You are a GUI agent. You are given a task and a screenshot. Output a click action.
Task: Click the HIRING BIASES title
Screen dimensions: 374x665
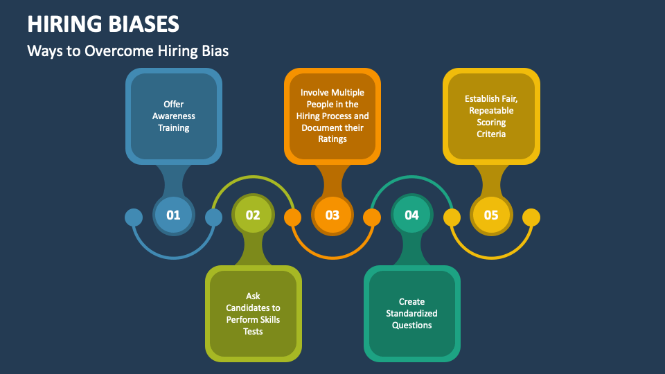click(x=103, y=24)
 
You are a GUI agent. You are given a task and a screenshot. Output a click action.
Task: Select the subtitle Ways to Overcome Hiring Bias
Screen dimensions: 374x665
click(x=127, y=51)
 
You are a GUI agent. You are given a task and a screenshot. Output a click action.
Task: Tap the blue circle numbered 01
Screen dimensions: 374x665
click(x=173, y=215)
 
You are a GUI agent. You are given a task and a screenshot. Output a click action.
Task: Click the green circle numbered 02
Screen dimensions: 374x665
click(x=253, y=215)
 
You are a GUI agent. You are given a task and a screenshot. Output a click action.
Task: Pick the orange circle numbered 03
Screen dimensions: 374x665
click(x=332, y=215)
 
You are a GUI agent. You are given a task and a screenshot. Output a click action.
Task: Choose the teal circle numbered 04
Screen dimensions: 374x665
click(x=411, y=215)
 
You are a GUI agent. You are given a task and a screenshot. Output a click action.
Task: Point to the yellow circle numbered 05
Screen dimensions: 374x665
click(x=491, y=215)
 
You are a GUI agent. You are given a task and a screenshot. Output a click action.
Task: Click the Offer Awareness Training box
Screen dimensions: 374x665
click(x=174, y=116)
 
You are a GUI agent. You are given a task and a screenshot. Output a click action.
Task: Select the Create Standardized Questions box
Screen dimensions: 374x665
click(x=411, y=314)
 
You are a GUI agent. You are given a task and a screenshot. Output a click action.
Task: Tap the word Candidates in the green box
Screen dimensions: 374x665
click(x=254, y=308)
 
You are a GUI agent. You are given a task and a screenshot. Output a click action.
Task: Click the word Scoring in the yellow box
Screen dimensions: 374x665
click(x=491, y=122)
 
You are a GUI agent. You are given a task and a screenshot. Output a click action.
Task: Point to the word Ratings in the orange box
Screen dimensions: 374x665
click(x=332, y=139)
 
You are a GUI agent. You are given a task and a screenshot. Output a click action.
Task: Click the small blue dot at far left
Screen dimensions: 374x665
click(x=134, y=217)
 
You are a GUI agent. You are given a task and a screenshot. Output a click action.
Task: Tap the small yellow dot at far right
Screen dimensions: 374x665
click(x=531, y=217)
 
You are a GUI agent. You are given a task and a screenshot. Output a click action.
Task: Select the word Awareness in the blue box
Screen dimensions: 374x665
click(x=174, y=116)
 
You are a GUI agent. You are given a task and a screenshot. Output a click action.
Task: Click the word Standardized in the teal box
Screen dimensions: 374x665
click(x=411, y=314)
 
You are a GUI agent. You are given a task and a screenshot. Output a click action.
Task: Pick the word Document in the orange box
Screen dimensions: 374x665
click(x=320, y=127)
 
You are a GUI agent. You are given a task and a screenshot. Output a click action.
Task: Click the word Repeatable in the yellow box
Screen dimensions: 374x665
click(x=491, y=110)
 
